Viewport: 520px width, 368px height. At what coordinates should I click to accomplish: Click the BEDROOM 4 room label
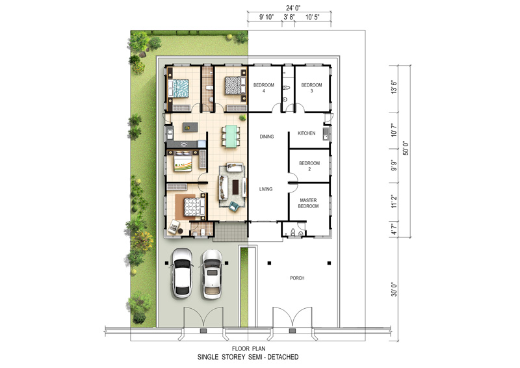(264, 88)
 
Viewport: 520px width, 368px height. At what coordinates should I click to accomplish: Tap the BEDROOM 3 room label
(311, 88)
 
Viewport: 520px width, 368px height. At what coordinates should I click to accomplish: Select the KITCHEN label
(306, 133)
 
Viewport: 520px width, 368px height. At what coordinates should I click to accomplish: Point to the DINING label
(266, 137)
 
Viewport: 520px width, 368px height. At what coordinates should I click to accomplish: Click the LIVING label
(266, 189)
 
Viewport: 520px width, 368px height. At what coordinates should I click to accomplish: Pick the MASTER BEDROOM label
(308, 203)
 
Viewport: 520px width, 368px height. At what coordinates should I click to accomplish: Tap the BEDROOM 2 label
(309, 166)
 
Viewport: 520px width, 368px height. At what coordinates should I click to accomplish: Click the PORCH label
(297, 278)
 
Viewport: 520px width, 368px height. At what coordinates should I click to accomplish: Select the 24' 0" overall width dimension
(294, 8)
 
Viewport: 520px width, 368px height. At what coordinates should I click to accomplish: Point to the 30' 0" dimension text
(394, 289)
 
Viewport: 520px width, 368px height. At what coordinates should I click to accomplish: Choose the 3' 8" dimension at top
(289, 18)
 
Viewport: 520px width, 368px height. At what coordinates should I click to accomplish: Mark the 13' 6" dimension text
(394, 87)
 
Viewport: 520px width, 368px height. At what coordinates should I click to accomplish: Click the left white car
(182, 273)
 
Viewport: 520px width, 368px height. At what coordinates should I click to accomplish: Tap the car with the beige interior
(212, 274)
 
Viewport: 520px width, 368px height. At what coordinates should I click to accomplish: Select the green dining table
(231, 136)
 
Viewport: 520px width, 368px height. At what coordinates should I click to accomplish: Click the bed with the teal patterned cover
(178, 88)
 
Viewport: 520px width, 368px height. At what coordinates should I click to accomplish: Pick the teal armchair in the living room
(234, 206)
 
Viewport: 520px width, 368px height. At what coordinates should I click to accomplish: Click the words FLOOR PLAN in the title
(248, 348)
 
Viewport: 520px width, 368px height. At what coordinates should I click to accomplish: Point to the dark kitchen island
(190, 127)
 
